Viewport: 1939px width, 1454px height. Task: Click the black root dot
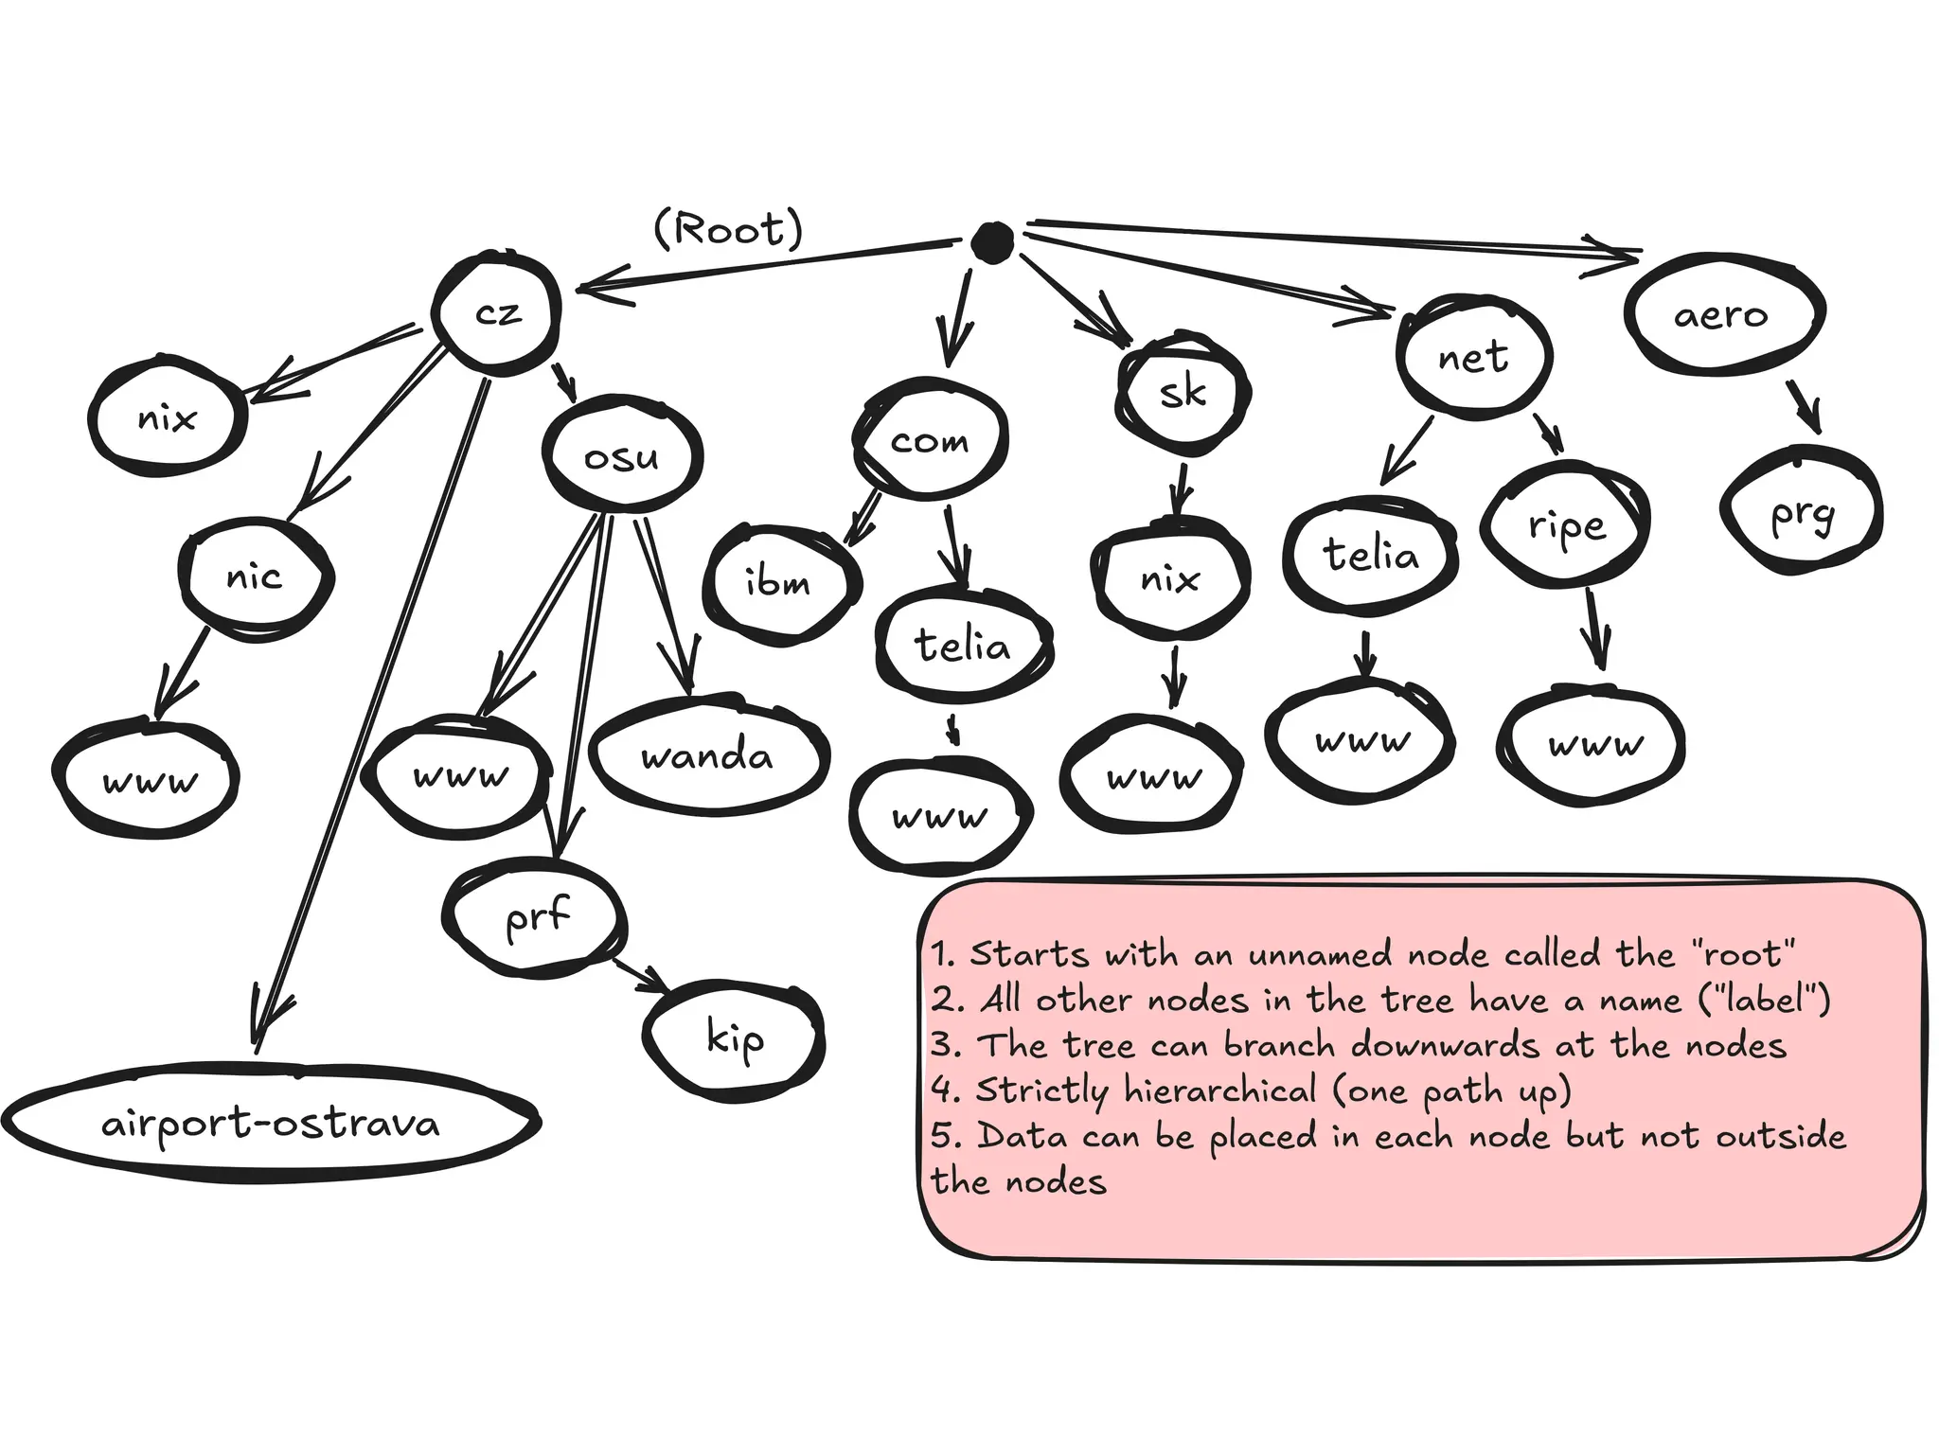click(992, 242)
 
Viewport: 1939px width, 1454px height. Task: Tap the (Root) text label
click(728, 229)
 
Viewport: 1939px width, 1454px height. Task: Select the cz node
click(497, 312)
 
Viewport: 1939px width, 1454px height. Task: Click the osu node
click(622, 458)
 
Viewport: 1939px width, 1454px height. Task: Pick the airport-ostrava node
click(271, 1124)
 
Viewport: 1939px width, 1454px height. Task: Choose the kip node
click(734, 1038)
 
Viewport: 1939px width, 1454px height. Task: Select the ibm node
click(778, 582)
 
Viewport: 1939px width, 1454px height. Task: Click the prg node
click(1802, 514)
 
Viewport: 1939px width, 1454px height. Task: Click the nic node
click(255, 576)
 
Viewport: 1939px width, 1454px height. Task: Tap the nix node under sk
click(1170, 577)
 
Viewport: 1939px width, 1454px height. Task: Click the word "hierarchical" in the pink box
click(1220, 1090)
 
